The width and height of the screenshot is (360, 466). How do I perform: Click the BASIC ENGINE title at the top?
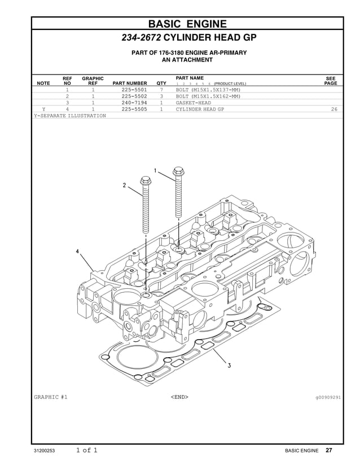pos(187,23)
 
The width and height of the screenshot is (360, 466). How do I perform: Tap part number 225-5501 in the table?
pos(134,90)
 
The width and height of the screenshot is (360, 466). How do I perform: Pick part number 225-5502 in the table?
pos(134,96)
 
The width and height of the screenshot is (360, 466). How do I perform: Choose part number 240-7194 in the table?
pos(134,103)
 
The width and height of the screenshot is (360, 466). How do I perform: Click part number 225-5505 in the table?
pos(134,109)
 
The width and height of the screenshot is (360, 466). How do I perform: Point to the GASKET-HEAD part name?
pos(193,103)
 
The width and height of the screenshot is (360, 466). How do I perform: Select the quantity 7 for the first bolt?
pos(161,90)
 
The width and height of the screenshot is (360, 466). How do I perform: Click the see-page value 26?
pos(334,109)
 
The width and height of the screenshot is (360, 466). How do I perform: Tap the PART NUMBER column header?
pos(134,83)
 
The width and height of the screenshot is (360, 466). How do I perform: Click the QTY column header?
pos(161,83)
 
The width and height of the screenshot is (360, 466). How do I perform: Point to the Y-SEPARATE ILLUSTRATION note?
pos(70,116)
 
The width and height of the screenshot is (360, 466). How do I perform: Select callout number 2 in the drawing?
pos(125,186)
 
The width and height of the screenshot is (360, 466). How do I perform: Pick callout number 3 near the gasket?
pos(229,366)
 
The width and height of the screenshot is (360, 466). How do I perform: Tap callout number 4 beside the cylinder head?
pos(77,250)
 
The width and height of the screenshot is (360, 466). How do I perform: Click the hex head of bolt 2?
pos(144,182)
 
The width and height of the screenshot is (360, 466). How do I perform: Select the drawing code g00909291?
pos(328,397)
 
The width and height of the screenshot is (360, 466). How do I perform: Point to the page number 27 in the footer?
pos(329,450)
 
